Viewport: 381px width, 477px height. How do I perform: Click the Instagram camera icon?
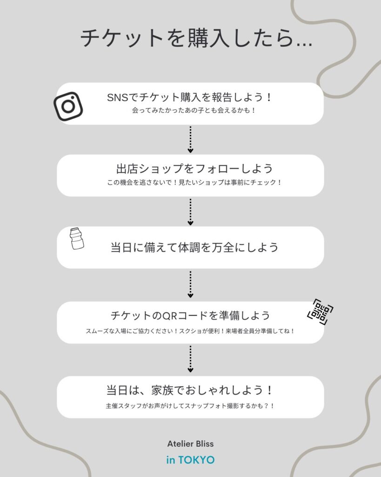pyautogui.click(x=68, y=106)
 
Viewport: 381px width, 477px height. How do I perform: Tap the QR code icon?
pyautogui.click(x=320, y=312)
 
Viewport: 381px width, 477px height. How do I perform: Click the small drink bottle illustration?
pyautogui.click(x=77, y=239)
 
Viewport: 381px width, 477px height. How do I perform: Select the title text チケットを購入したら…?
pyautogui.click(x=196, y=38)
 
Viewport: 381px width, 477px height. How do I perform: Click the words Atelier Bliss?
pyautogui.click(x=191, y=444)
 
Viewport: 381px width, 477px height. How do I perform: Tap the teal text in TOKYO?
pyautogui.click(x=191, y=460)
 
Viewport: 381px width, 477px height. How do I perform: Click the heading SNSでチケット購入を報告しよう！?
pyautogui.click(x=190, y=97)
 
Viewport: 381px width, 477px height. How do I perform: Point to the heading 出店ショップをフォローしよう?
pyautogui.click(x=194, y=169)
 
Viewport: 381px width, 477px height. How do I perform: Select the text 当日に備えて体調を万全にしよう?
pyautogui.click(x=194, y=247)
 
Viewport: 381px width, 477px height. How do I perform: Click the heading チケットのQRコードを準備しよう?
pyautogui.click(x=190, y=315)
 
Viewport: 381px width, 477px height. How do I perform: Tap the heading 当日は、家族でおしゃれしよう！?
pyautogui.click(x=190, y=390)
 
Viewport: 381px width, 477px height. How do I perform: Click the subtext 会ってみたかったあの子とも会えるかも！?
pyautogui.click(x=194, y=110)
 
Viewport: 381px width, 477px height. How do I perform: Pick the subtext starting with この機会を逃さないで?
pyautogui.click(x=194, y=183)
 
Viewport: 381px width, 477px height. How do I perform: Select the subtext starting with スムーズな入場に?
pyautogui.click(x=190, y=331)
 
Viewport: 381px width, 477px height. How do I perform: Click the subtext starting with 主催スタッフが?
pyautogui.click(x=190, y=406)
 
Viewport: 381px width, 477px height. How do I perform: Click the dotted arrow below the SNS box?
pyautogui.click(x=191, y=139)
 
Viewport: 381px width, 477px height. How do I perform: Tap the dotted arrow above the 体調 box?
pyautogui.click(x=191, y=212)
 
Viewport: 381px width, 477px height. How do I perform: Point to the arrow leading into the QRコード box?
pyautogui.click(x=191, y=284)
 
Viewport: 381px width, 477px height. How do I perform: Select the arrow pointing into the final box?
pyautogui.click(x=191, y=359)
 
